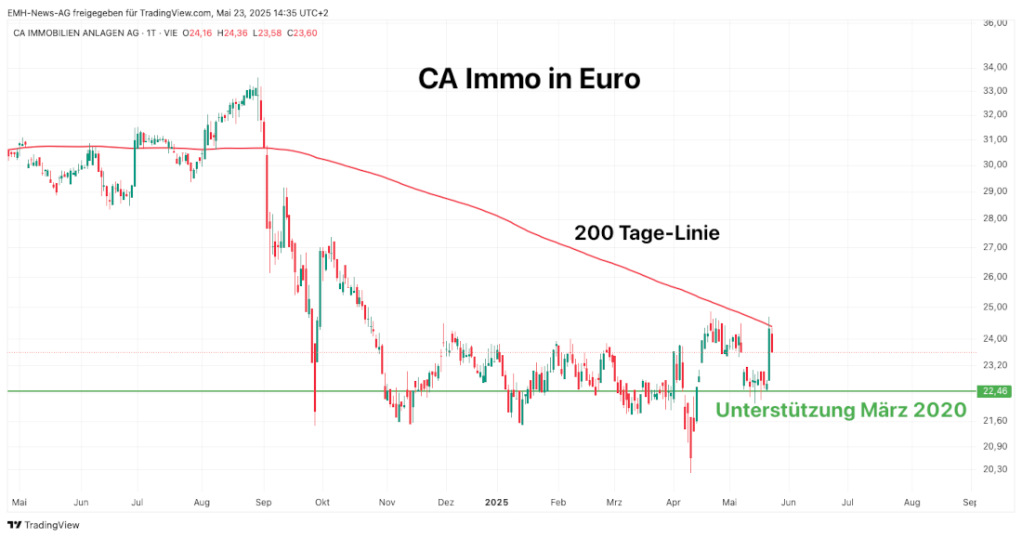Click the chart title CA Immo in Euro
click(x=529, y=79)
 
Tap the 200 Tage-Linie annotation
click(x=647, y=233)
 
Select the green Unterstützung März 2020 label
click(x=841, y=411)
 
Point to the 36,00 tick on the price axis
click(x=995, y=22)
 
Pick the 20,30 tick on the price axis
click(x=995, y=469)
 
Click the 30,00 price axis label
click(x=995, y=164)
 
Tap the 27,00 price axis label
click(x=995, y=247)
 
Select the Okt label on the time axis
click(x=322, y=502)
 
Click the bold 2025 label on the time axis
click(x=498, y=502)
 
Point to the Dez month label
click(x=445, y=502)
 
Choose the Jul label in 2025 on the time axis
click(x=847, y=502)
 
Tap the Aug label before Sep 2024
click(x=202, y=502)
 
